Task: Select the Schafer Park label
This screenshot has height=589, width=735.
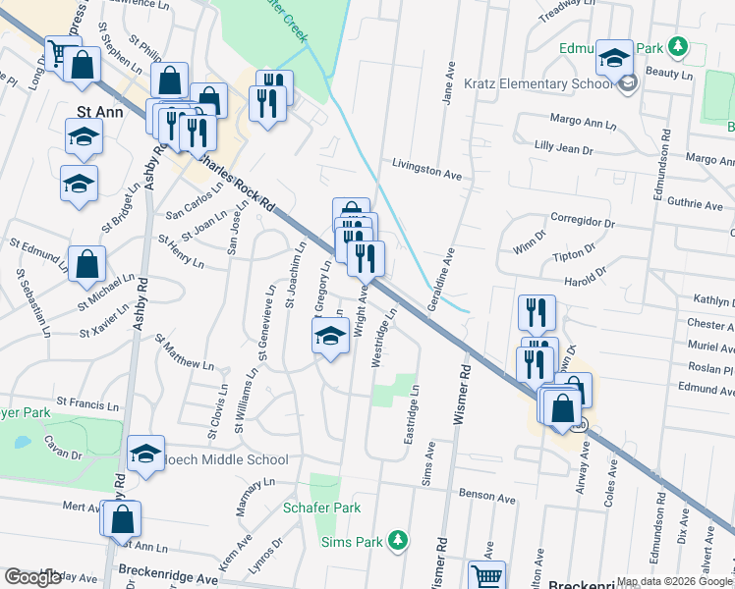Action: pos(321,508)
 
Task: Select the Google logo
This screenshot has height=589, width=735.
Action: pos(33,576)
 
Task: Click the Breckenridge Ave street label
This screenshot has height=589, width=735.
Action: pos(168,570)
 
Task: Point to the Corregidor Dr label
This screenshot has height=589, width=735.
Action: pos(582,222)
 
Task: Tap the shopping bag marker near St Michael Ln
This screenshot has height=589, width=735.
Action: pos(87,264)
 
